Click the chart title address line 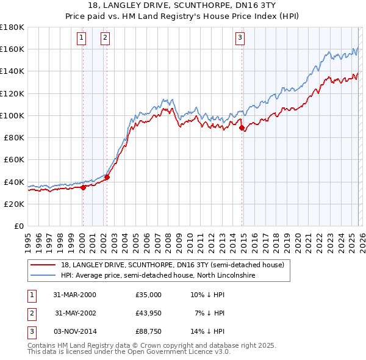[183, 6]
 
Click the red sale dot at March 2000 [83, 187]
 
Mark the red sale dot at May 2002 [106, 178]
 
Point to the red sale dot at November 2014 [242, 128]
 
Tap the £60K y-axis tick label [13, 160]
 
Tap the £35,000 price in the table [148, 295]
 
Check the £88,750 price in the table [148, 331]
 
